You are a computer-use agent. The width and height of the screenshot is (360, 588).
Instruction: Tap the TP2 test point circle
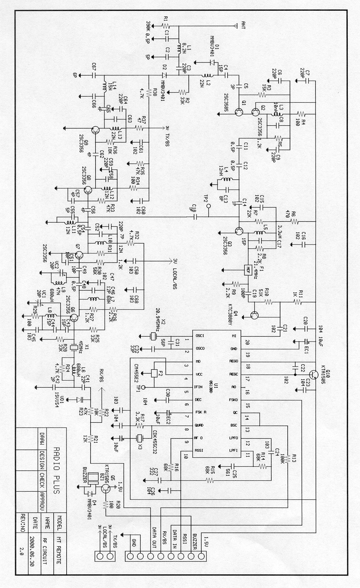208,206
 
